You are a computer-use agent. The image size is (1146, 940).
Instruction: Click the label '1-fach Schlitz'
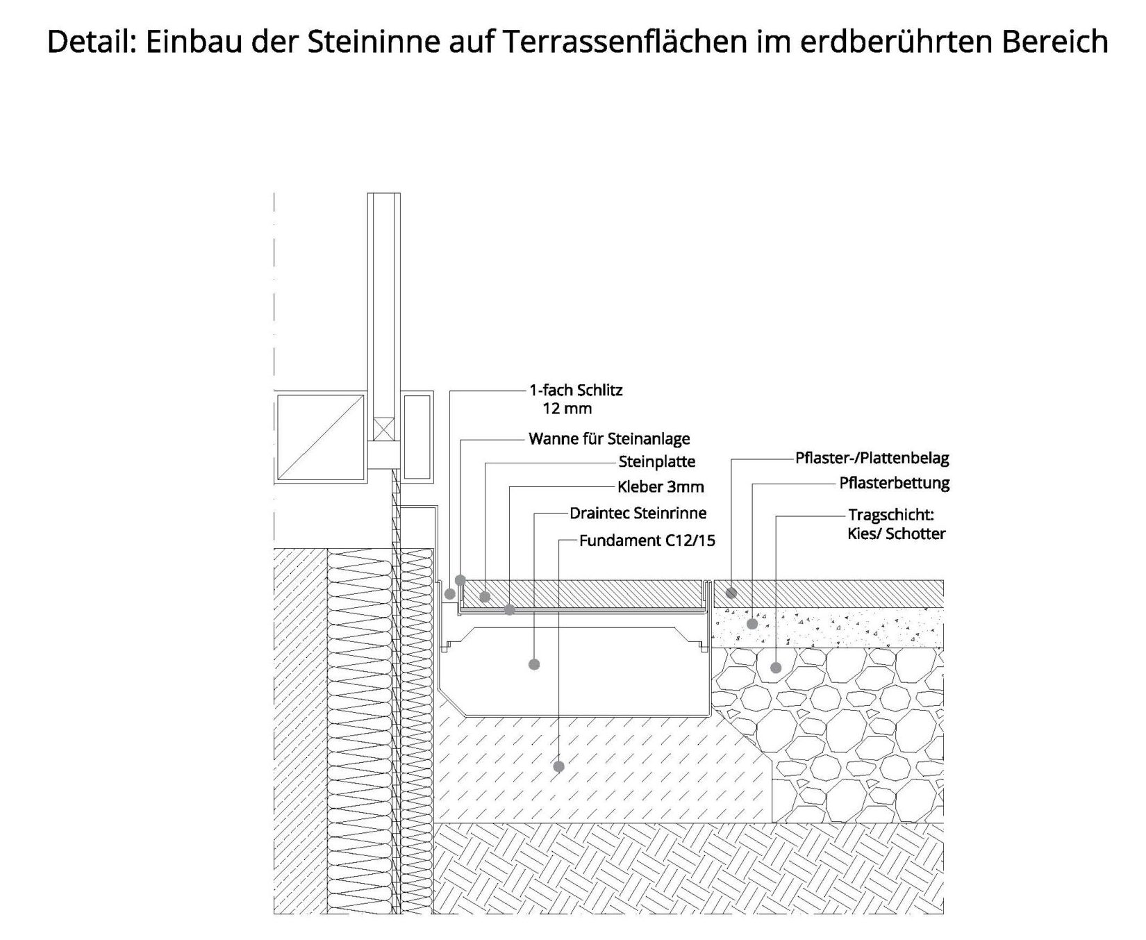coord(576,390)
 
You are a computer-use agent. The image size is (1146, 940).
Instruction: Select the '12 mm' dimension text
coord(567,409)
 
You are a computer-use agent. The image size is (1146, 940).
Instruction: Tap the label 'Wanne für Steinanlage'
coord(609,439)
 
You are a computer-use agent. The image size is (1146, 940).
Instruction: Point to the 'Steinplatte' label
coord(657,462)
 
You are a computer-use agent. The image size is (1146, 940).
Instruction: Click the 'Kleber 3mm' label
coord(661,487)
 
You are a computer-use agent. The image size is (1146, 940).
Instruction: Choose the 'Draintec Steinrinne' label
coord(638,513)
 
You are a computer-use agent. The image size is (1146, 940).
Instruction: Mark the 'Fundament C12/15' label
coord(647,541)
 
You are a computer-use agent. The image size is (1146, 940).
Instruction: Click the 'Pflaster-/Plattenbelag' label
coord(872,459)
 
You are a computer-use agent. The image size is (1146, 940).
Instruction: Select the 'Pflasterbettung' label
coord(895,483)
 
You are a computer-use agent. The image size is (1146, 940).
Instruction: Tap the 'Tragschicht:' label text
coord(892,516)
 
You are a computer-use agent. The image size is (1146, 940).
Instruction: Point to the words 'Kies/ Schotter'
coord(897,534)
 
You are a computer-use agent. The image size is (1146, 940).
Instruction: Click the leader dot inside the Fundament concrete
coord(558,767)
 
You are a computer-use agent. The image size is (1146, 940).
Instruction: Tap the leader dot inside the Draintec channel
coord(534,665)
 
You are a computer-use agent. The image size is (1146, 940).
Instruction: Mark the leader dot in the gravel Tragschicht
coord(776,668)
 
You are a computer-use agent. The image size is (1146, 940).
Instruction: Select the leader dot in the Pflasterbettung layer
coord(751,624)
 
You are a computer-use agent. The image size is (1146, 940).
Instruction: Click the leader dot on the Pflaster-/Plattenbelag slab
coord(731,593)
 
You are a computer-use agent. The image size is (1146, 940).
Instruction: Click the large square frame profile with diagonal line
coord(321,438)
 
